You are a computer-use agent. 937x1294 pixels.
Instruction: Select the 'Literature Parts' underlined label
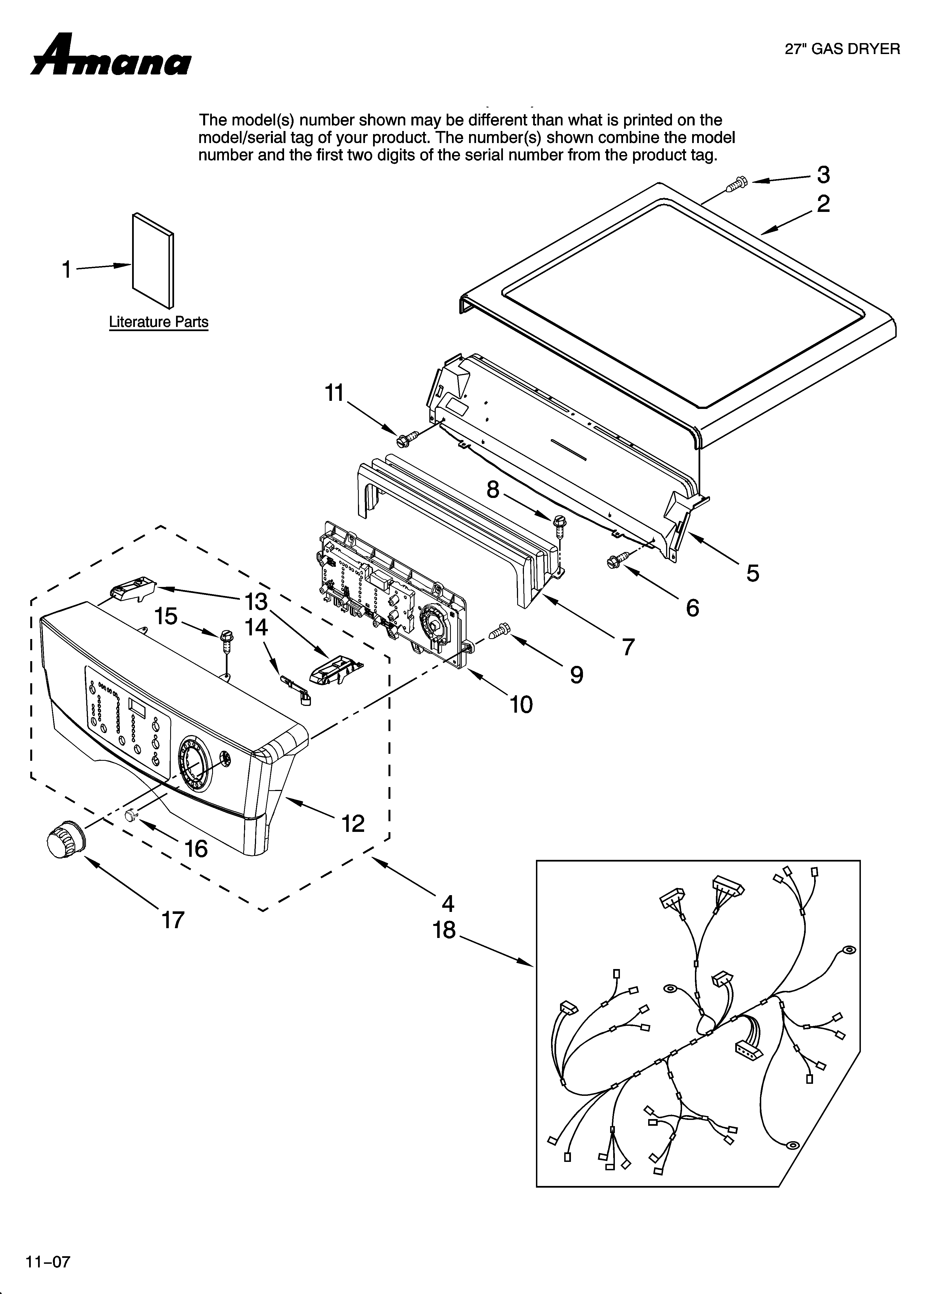159,322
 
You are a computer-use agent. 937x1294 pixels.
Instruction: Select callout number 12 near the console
353,823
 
